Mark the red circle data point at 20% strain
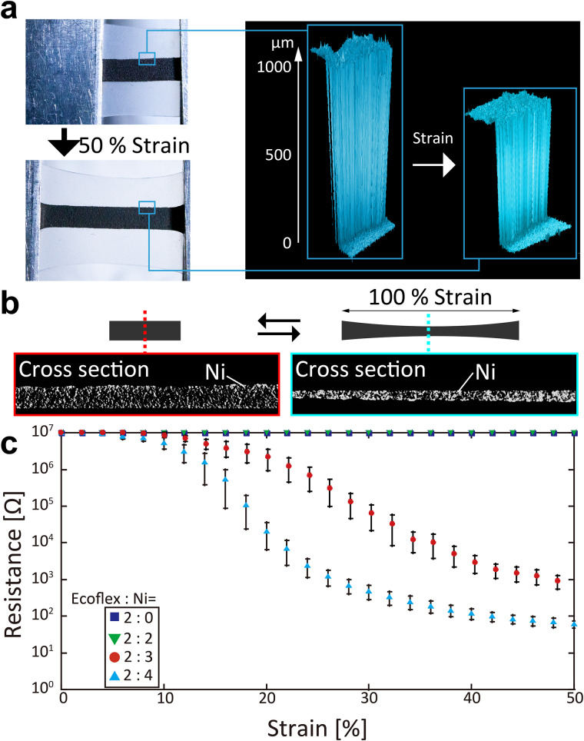267,457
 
